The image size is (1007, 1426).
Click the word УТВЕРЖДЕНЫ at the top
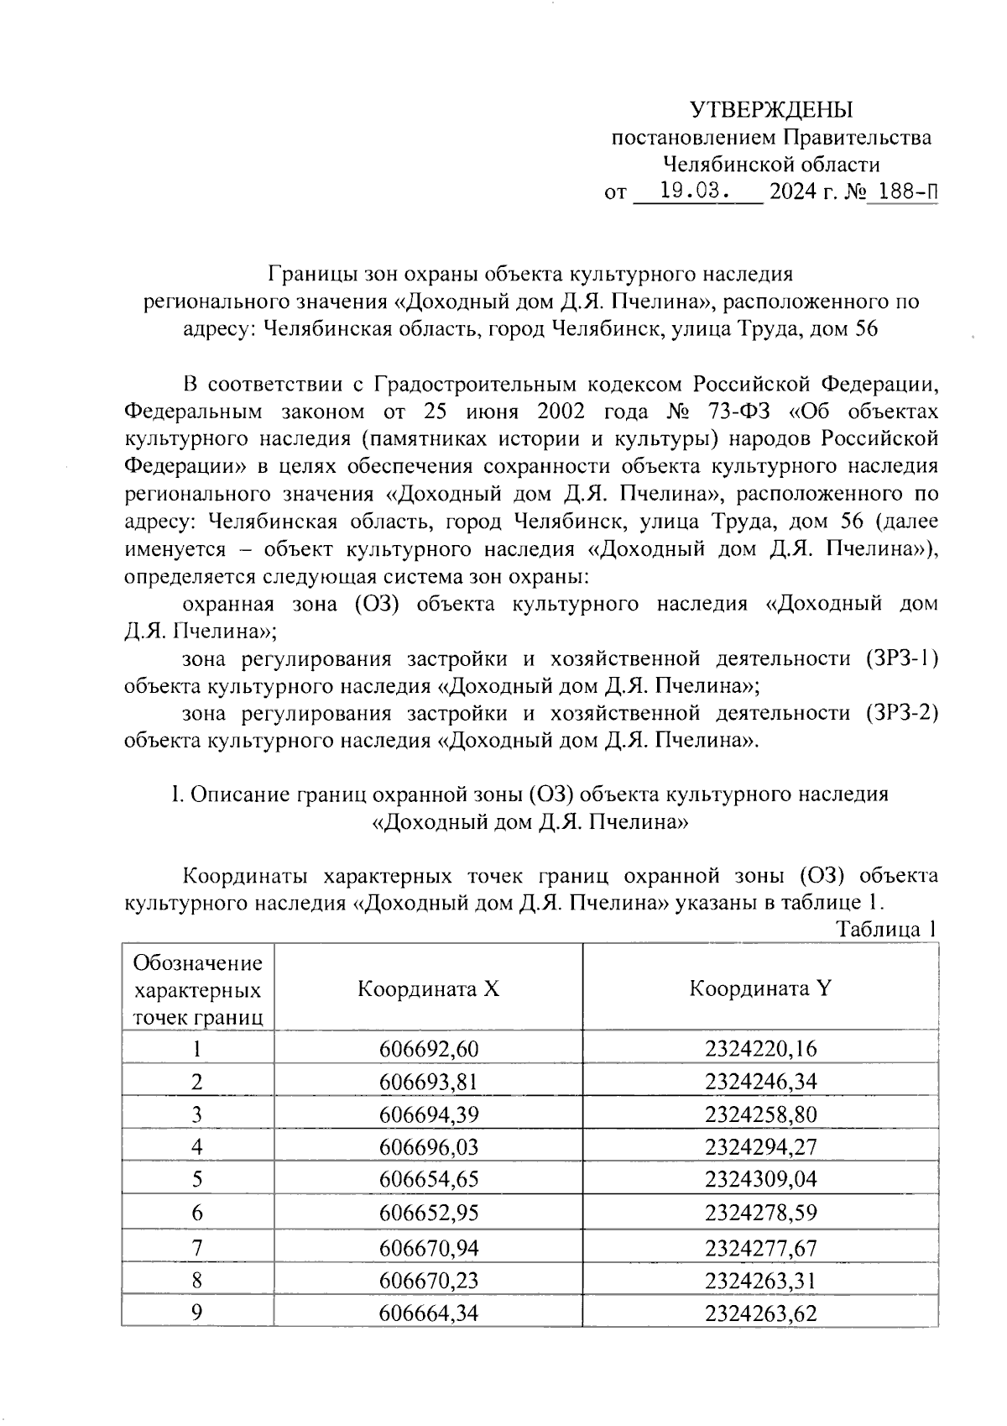pyautogui.click(x=770, y=110)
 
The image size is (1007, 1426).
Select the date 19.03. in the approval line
pyautogui.click(x=696, y=191)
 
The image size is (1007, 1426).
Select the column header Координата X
pyautogui.click(x=428, y=988)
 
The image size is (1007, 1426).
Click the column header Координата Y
pyautogui.click(x=760, y=988)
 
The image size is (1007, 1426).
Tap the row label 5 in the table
pyautogui.click(x=197, y=1180)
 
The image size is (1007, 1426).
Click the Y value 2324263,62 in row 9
pyautogui.click(x=760, y=1313)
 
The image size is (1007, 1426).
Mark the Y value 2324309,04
pyautogui.click(x=760, y=1180)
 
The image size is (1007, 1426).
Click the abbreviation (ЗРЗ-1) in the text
pyautogui.click(x=899, y=658)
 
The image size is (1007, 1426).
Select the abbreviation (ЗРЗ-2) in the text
pyautogui.click(x=899, y=713)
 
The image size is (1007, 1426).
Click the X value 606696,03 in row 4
pyautogui.click(x=428, y=1147)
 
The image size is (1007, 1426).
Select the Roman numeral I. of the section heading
pyautogui.click(x=176, y=794)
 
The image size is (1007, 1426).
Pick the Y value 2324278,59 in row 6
pyautogui.click(x=760, y=1214)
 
